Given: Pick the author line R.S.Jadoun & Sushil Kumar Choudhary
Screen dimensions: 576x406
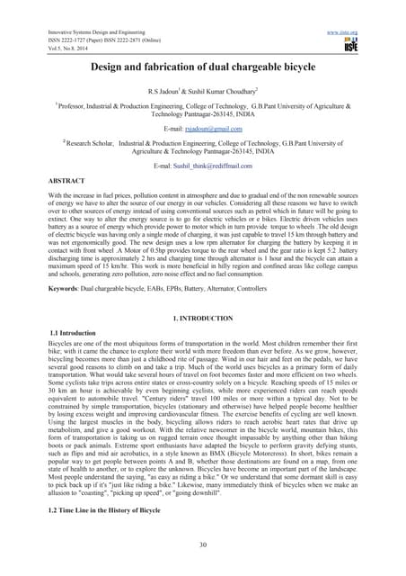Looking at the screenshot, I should point(202,92).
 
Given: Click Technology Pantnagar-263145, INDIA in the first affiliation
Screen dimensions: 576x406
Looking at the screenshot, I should point(202,116).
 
